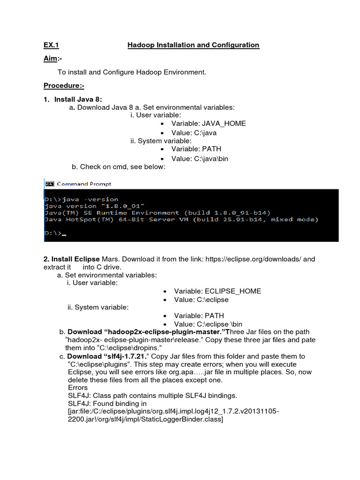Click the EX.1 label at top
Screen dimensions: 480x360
pos(52,45)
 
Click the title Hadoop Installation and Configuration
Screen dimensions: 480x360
pos(194,45)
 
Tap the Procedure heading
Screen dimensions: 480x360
pos(64,85)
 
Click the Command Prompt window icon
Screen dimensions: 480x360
pos(49,184)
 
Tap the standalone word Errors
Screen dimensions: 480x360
pos(78,388)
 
